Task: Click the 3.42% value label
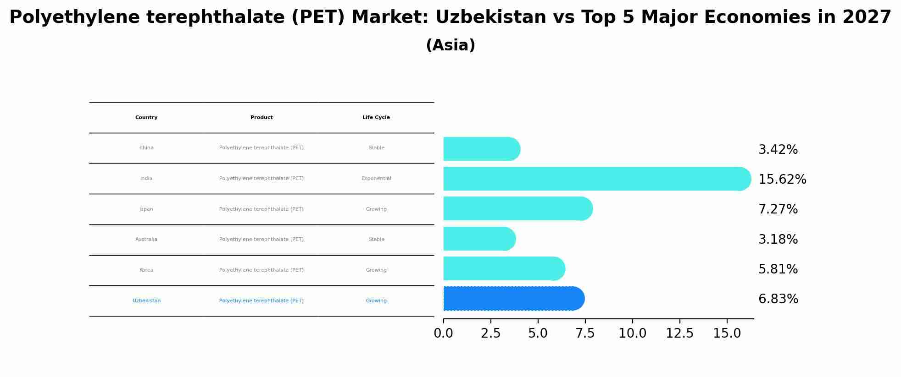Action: (x=778, y=150)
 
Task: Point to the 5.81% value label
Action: (x=778, y=269)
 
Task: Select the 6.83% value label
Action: (x=778, y=299)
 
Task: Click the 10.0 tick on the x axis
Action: (x=632, y=333)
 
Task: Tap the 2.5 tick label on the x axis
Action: (x=490, y=333)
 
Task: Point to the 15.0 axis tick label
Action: (x=727, y=333)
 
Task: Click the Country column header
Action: (x=146, y=118)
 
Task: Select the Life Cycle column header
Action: (x=376, y=118)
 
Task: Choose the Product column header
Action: (x=261, y=118)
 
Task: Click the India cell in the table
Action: (x=146, y=179)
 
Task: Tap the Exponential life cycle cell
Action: (x=376, y=179)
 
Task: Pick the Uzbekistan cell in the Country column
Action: (x=146, y=301)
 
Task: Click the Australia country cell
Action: (x=146, y=240)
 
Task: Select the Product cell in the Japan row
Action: (x=261, y=209)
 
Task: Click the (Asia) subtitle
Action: (x=450, y=45)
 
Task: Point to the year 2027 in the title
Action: (x=867, y=17)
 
